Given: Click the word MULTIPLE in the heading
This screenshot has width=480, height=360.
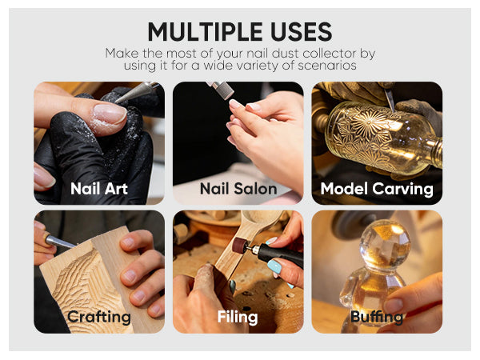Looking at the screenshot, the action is click(205, 31).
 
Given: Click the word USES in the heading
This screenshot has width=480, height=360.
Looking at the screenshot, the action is click(301, 31).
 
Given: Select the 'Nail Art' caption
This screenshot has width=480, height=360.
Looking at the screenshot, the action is click(99, 188).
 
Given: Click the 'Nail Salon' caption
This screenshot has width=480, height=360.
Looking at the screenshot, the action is click(238, 188).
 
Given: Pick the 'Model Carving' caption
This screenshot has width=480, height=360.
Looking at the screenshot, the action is click(377, 189).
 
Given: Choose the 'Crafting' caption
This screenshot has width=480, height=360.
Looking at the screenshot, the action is click(99, 317).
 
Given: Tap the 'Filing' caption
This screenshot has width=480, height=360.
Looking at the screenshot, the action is click(238, 317).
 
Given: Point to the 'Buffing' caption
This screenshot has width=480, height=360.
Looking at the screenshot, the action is click(377, 317).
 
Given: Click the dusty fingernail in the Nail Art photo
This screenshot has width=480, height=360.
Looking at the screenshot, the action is click(110, 114).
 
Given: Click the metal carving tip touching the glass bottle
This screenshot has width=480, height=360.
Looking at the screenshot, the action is click(390, 100).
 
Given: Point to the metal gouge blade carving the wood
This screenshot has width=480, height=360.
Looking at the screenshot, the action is click(59, 242).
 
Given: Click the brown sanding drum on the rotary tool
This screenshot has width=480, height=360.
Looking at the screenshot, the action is click(242, 245).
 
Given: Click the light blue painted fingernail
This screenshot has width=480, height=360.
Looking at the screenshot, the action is click(274, 266).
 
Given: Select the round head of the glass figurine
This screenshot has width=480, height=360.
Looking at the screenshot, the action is click(385, 246).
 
